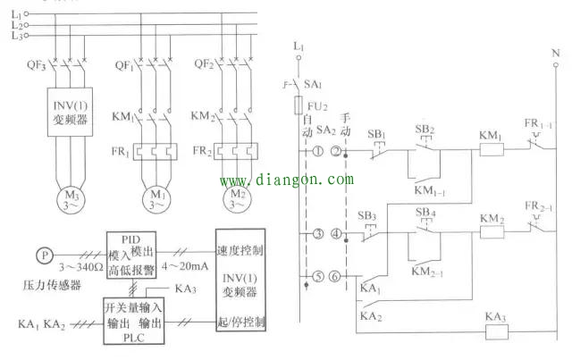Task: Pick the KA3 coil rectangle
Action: coord(495,329)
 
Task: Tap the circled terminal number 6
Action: coord(336,277)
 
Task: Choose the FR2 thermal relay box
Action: coord(233,151)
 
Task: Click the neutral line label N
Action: coord(556,53)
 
